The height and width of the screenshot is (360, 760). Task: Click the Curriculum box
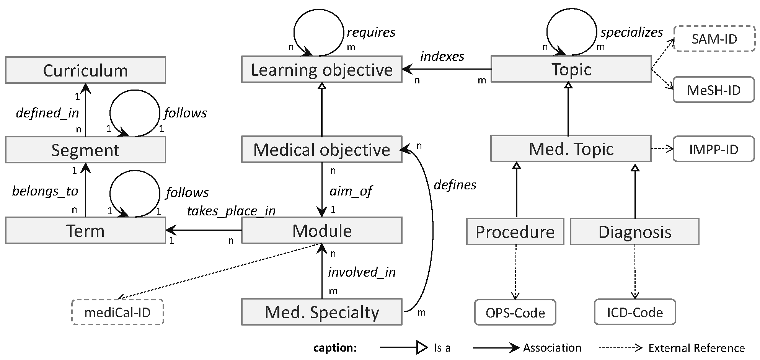click(x=85, y=70)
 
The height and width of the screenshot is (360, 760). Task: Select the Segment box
click(x=85, y=150)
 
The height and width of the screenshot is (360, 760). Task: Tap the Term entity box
click(x=85, y=231)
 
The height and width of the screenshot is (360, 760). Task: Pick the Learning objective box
click(x=321, y=70)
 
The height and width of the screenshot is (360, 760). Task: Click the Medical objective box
click(x=321, y=149)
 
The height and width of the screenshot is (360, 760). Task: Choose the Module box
click(x=321, y=231)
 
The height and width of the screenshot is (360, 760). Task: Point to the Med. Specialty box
click(x=321, y=312)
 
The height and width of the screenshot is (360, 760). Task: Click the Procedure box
click(x=515, y=232)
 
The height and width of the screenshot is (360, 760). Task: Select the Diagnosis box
click(x=634, y=232)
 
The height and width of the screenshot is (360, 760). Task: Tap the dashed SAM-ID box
click(x=714, y=39)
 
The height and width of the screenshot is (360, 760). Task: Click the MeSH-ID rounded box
click(x=714, y=90)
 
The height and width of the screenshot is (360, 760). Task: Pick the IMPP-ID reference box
click(x=714, y=149)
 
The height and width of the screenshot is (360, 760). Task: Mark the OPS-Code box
click(x=515, y=313)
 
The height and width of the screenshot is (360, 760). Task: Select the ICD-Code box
click(x=635, y=312)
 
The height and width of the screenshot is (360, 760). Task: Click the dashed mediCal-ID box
click(x=117, y=313)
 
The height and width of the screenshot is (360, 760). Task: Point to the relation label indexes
click(x=442, y=57)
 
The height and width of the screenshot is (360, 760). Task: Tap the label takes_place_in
click(x=231, y=211)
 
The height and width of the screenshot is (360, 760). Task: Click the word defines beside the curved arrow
click(x=455, y=185)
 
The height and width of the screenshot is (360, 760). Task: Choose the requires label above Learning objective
click(x=371, y=33)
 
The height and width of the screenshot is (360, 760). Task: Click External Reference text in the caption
click(x=696, y=348)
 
